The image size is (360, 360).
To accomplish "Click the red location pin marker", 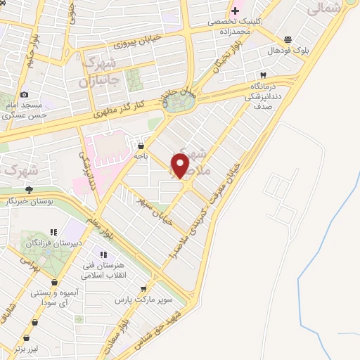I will (181, 165).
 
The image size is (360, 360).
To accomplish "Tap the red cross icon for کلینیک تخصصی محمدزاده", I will (235, 11).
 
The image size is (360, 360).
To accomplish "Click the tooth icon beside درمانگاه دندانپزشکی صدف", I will (264, 75).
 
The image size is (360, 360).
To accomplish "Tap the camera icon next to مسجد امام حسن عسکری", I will (24, 95).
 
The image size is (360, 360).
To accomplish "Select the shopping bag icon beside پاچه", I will (151, 146).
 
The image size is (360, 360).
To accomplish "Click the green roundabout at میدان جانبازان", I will (180, 101).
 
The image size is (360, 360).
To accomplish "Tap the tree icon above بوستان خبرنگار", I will (29, 190).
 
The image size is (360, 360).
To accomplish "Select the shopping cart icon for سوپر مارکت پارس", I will (143, 288).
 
